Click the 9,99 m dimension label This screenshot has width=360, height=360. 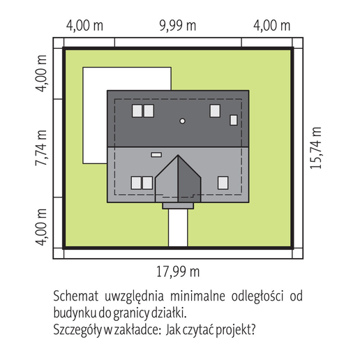(x=178, y=25)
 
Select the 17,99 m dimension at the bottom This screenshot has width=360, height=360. (x=178, y=271)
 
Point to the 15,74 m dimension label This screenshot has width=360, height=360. (x=316, y=148)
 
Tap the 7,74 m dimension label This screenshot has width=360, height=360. (x=41, y=148)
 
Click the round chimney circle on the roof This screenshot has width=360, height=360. (x=183, y=121)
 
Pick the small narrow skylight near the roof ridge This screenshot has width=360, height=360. (x=156, y=155)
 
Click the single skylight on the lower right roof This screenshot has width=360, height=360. (x=223, y=183)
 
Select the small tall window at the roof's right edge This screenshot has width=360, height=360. (x=234, y=120)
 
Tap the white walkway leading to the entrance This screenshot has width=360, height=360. (x=178, y=227)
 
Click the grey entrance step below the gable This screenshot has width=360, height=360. (x=178, y=206)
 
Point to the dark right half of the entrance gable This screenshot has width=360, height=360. (x=189, y=179)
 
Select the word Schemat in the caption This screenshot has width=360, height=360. (x=76, y=296)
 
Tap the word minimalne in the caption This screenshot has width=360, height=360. (x=197, y=296)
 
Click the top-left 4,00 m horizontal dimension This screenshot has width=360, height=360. (x=84, y=25)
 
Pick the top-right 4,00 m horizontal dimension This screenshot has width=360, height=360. (x=272, y=25)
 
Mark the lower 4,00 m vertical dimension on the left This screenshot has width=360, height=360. (x=41, y=227)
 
